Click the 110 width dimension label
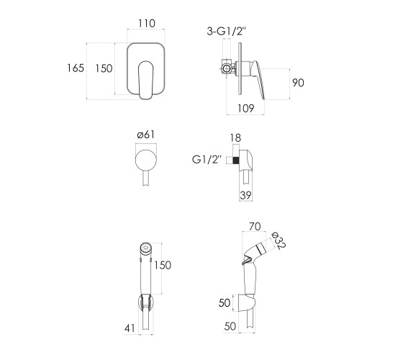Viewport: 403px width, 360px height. (147, 23)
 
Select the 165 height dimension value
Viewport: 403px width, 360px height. (76, 68)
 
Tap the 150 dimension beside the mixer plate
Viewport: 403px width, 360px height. (104, 68)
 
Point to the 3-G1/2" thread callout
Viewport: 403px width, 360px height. (227, 32)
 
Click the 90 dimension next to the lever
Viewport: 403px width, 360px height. (298, 83)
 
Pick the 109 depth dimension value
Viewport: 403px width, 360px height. (245, 108)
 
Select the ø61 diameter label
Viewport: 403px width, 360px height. (146, 135)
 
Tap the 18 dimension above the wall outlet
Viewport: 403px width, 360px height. (235, 138)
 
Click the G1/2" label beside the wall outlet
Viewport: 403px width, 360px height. (207, 160)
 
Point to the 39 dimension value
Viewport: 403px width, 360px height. (245, 195)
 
